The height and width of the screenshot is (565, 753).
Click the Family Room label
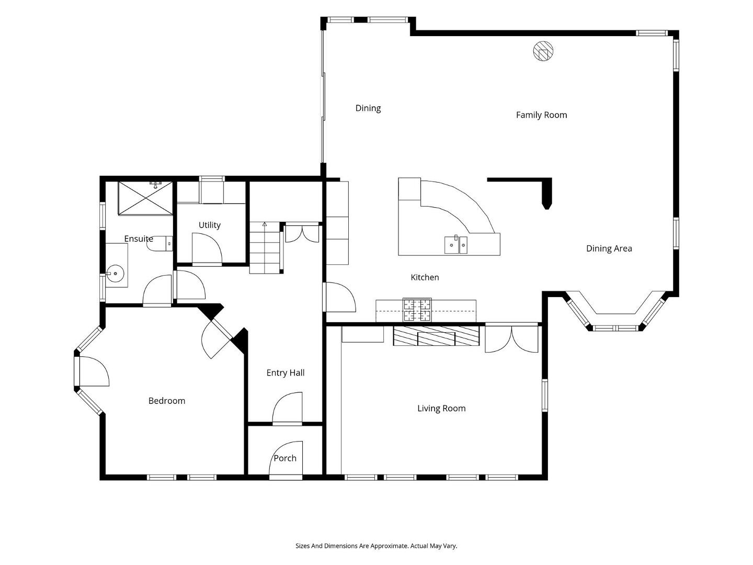(541, 115)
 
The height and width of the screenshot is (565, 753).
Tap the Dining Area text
(609, 248)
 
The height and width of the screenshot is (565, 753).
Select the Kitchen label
(425, 277)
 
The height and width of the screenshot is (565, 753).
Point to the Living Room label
(441, 408)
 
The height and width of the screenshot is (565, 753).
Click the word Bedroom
(167, 401)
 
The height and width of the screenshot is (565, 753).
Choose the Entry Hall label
(286, 373)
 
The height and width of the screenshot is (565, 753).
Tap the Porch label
(285, 458)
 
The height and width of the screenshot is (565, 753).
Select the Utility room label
(210, 225)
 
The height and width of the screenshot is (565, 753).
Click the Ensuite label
(139, 239)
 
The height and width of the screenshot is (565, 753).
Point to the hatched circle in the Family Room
(543, 51)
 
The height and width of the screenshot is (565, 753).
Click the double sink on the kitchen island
(456, 245)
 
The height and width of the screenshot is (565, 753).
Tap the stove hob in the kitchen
(417, 310)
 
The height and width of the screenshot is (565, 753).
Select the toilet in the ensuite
(160, 244)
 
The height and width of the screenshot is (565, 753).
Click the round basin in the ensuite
(116, 274)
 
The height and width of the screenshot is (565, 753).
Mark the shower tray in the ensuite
(145, 198)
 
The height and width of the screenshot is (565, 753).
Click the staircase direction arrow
(265, 224)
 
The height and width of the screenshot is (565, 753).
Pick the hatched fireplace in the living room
(436, 335)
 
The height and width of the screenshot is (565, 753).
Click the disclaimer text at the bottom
(376, 546)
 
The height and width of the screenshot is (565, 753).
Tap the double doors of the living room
(511, 339)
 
